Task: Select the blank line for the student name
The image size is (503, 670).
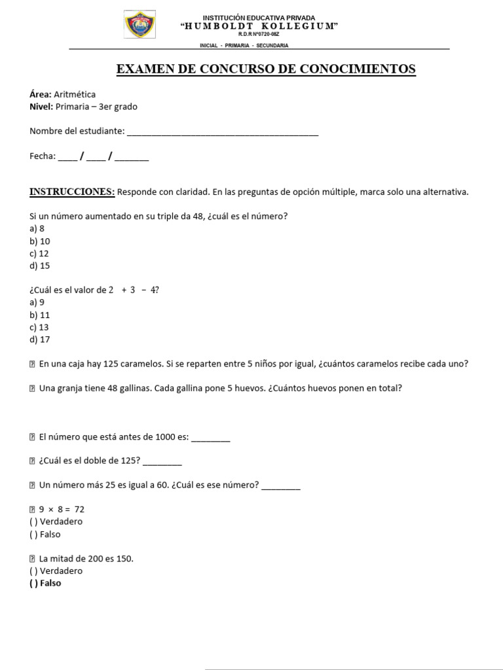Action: [x=222, y=132]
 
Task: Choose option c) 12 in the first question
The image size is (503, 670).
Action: [x=39, y=253]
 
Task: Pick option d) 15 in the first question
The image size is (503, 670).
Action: [x=39, y=266]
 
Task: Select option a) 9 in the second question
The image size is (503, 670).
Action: [x=37, y=302]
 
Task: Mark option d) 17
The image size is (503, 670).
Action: [x=39, y=340]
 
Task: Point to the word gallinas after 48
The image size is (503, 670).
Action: [x=125, y=388]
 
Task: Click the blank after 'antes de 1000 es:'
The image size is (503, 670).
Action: [x=210, y=438]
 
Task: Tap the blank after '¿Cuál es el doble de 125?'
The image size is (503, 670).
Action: [x=162, y=461]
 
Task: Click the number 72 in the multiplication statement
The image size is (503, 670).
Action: [x=79, y=509]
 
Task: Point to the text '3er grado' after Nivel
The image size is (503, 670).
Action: [x=118, y=107]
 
